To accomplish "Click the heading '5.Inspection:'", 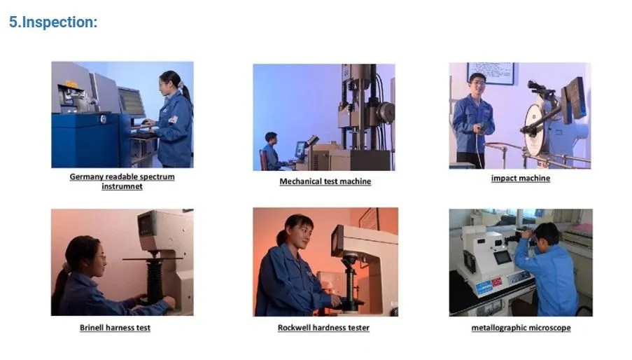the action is [53, 22].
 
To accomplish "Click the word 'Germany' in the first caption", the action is [87, 177].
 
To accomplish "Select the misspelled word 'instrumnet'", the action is [122, 186].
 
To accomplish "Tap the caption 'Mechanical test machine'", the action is [325, 182].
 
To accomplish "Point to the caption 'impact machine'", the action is [520, 179].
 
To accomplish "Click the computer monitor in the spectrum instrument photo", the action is [132, 102].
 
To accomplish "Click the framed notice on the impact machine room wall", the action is [491, 74].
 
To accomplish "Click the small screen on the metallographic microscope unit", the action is [503, 257].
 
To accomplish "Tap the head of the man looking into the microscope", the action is [547, 234].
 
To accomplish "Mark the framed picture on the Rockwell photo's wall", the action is [369, 219].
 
